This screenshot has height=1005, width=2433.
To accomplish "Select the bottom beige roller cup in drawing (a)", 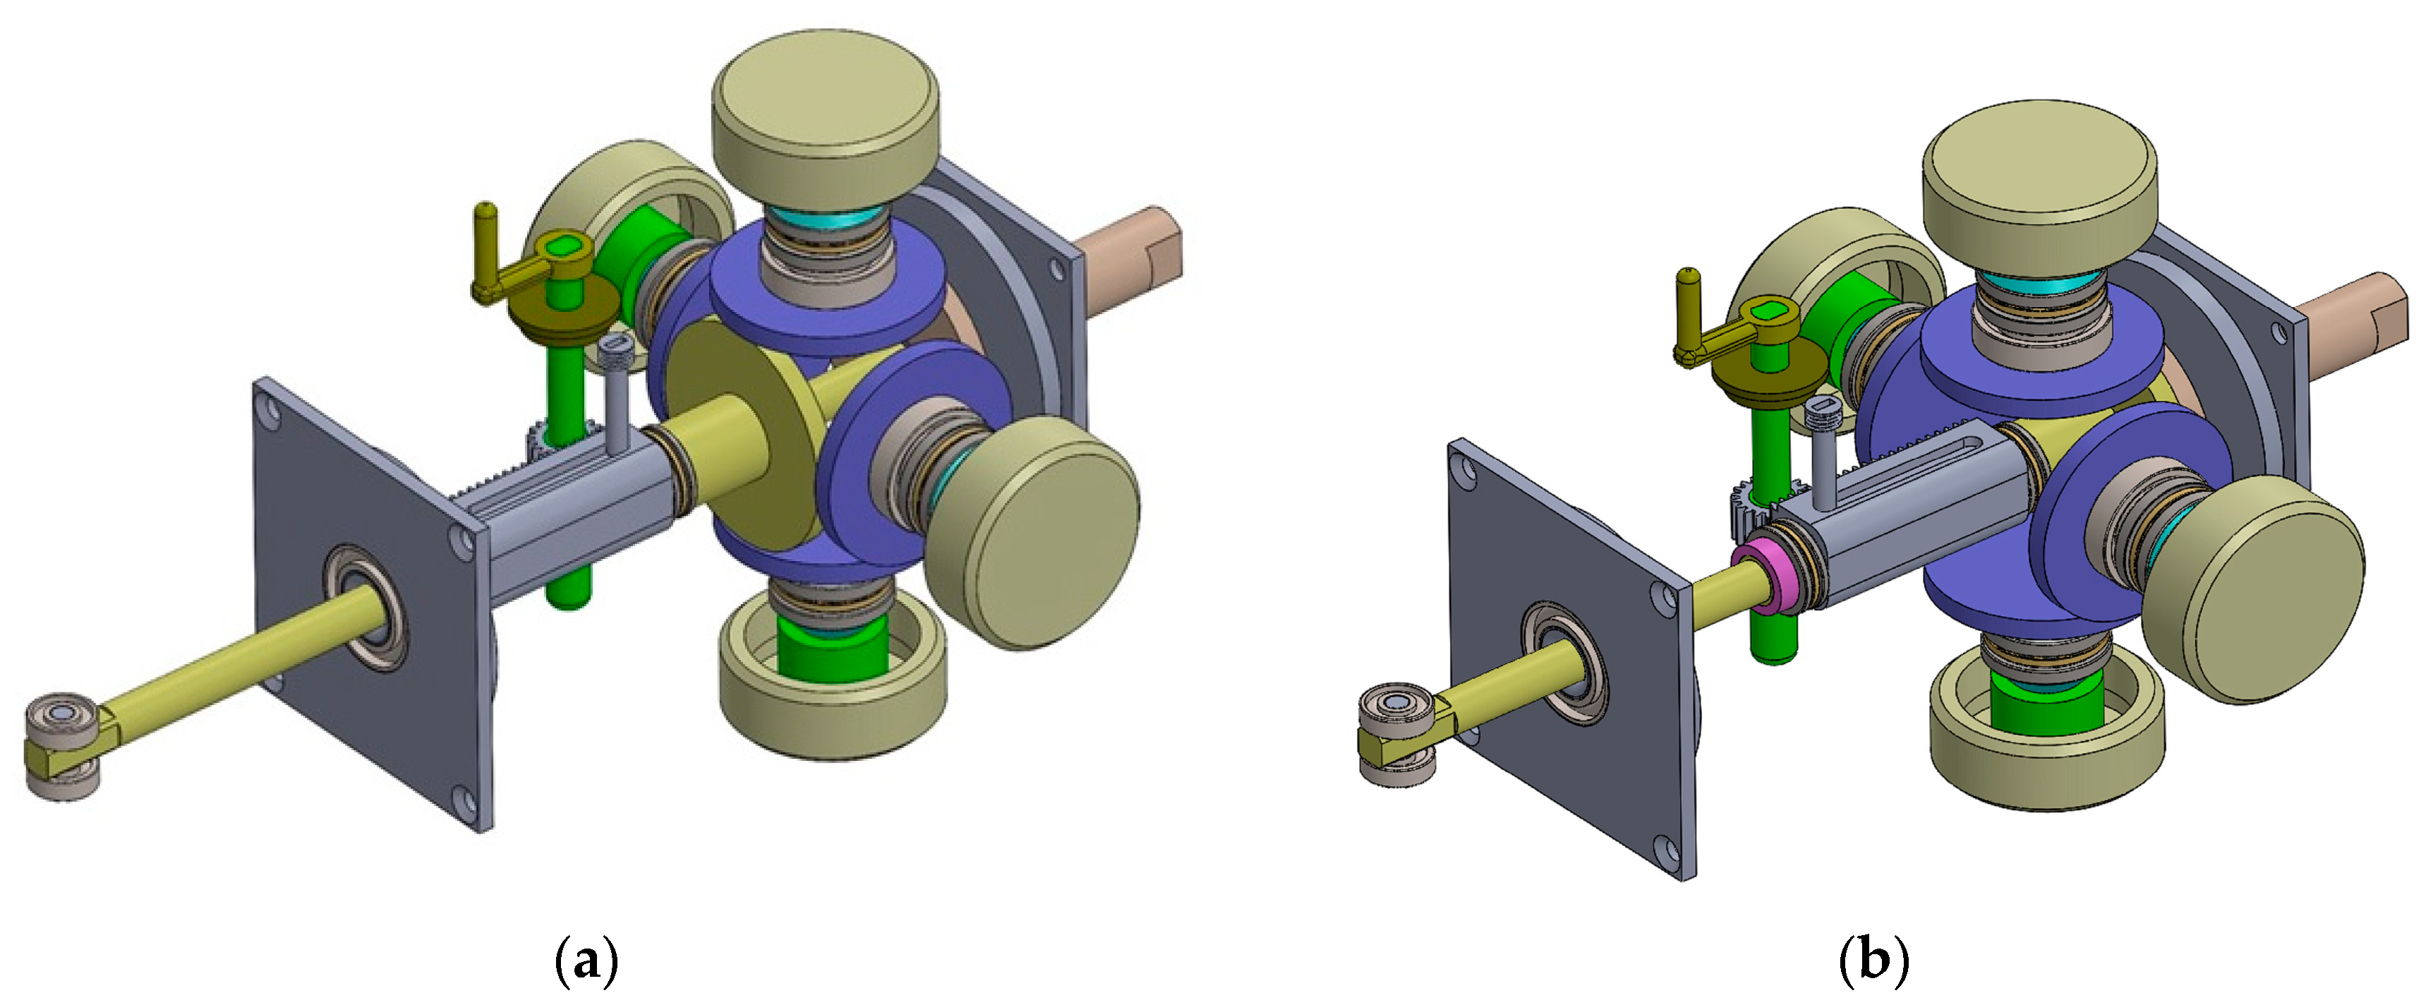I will click(x=831, y=694).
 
